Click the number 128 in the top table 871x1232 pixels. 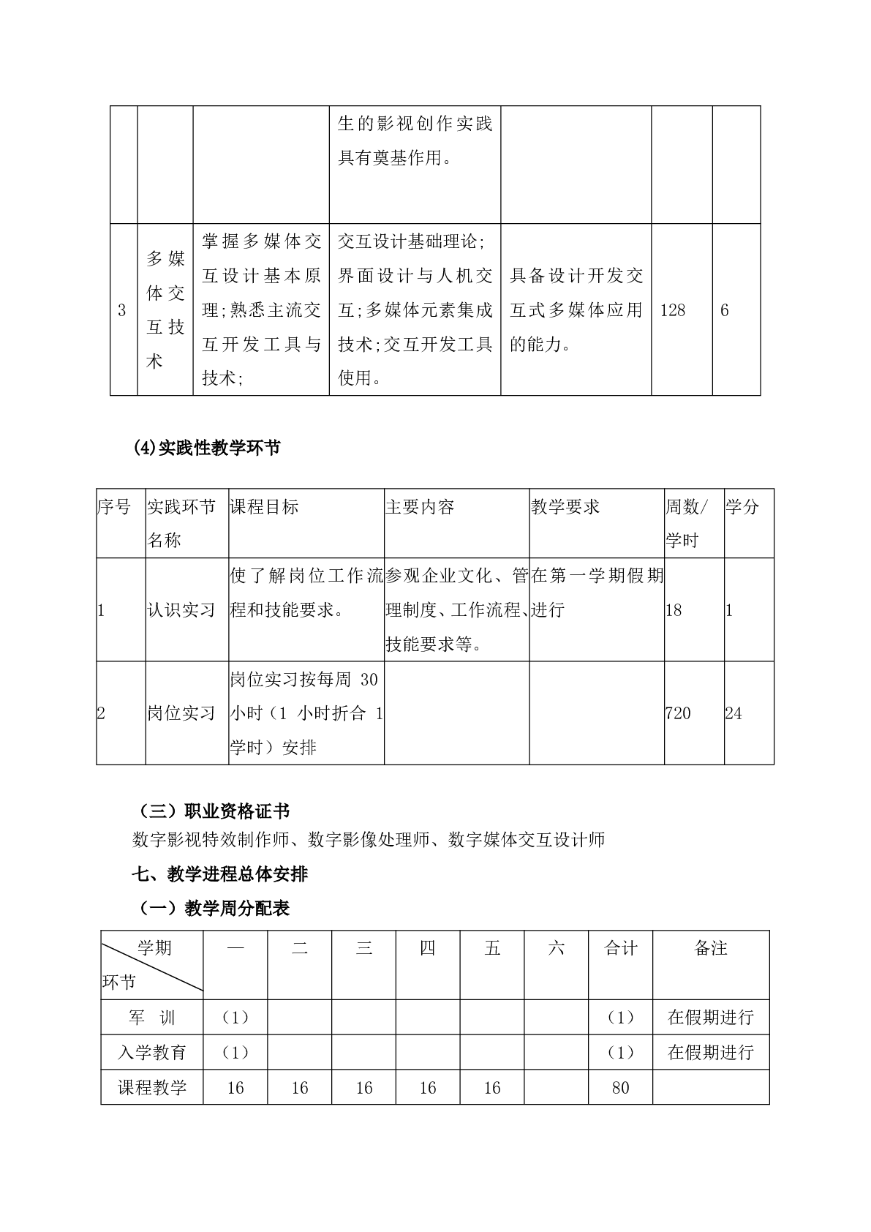pos(673,310)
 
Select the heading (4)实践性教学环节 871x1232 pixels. pos(207,448)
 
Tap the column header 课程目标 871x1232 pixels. pos(264,507)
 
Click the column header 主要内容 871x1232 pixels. pos(420,507)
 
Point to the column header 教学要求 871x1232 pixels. pos(565,507)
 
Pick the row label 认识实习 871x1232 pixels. pos(181,610)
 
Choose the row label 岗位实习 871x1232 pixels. pos(181,713)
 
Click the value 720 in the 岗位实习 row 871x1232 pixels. pos(678,713)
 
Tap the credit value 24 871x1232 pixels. pos(734,713)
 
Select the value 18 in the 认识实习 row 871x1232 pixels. pos(674,610)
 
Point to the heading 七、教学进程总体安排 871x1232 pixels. pos(219,874)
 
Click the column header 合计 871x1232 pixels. pos(621,949)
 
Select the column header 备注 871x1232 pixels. pos(711,949)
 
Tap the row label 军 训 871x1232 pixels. pos(152,1018)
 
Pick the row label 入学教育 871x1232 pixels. pos(152,1053)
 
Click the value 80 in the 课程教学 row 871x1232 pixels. pos(620,1088)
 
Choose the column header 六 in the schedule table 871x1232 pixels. pos(557,949)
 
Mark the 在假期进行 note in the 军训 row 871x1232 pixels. pos(711,1018)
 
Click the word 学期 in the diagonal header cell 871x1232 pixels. pos(155,948)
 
